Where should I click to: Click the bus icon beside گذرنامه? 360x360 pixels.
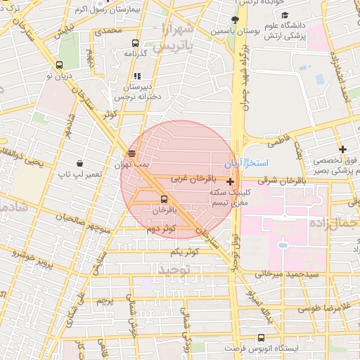[136, 43]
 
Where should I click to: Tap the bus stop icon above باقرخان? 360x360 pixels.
[164, 199]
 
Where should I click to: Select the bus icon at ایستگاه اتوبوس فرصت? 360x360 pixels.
[261, 338]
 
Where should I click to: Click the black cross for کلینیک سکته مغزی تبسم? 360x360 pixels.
[230, 181]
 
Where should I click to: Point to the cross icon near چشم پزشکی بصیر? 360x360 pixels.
[342, 149]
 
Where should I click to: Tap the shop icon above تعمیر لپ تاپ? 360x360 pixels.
[79, 162]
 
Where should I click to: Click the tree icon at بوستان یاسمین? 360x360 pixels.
[235, 20]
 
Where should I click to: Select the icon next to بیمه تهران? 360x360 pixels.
[131, 153]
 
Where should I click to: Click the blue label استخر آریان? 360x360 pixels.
[242, 164]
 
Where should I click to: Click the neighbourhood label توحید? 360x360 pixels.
[174, 269]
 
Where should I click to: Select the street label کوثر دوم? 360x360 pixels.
[160, 229]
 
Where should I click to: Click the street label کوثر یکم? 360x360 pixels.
[185, 251]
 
